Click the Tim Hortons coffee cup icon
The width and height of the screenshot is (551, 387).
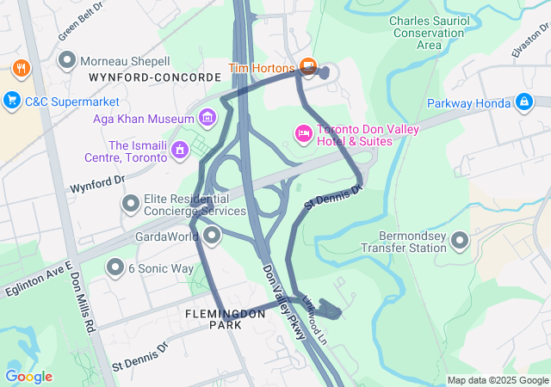click(308, 67)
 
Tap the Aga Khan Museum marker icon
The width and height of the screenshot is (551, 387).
click(206, 116)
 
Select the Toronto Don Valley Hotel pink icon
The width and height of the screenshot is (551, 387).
click(303, 133)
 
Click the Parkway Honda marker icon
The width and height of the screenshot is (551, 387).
click(523, 103)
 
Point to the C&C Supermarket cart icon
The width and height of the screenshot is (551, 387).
click(11, 101)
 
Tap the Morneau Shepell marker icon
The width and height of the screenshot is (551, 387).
click(65, 61)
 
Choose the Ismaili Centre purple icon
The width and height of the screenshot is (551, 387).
click(179, 150)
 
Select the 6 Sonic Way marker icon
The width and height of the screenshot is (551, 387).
click(115, 268)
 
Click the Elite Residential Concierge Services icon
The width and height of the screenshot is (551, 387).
click(130, 204)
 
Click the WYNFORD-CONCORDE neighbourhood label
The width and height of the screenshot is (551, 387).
click(154, 77)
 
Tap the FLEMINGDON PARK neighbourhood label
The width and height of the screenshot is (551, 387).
click(226, 320)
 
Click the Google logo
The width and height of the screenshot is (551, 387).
click(28, 377)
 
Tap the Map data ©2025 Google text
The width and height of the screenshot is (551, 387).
click(498, 380)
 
